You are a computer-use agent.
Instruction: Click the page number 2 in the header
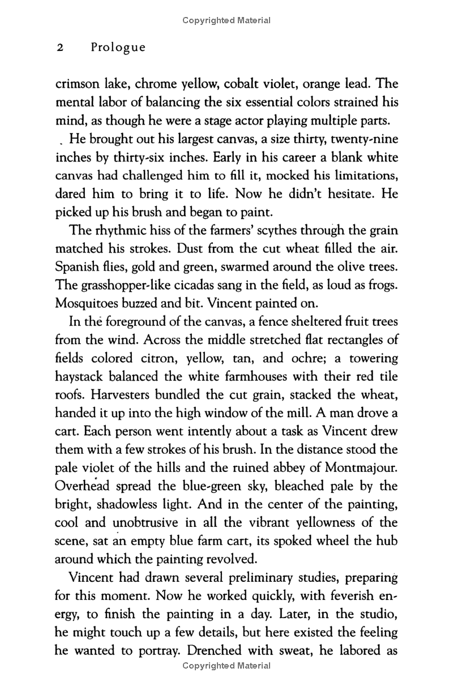pyautogui.click(x=59, y=48)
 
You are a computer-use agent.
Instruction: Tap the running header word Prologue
pyautogui.click(x=118, y=48)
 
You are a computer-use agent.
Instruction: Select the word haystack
pyautogui.click(x=82, y=377)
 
